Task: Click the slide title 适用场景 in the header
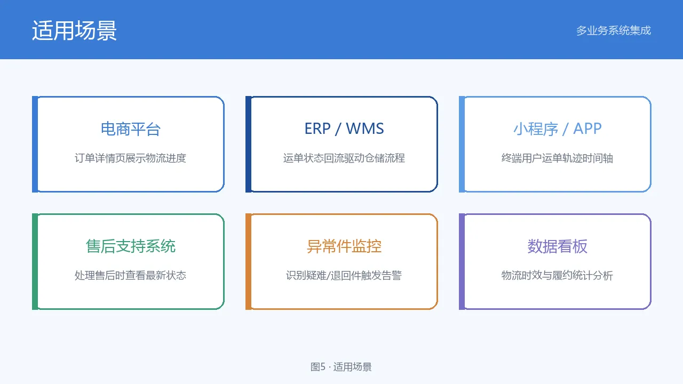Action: click(74, 30)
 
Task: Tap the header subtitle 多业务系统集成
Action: click(614, 30)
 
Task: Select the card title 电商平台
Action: click(131, 129)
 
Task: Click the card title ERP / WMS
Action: click(344, 129)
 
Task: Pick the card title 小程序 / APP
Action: click(558, 129)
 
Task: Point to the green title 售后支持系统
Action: click(131, 246)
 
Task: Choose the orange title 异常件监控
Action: click(344, 246)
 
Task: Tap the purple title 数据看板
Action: click(558, 246)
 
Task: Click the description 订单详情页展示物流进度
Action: click(131, 158)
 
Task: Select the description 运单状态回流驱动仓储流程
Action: click(344, 158)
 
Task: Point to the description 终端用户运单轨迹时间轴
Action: click(558, 158)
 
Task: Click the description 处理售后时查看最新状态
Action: click(131, 276)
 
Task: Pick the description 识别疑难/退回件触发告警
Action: click(344, 276)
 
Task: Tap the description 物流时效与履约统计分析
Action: click(558, 276)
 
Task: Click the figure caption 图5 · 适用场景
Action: click(341, 367)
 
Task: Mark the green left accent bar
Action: click(35, 261)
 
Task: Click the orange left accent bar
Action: click(249, 261)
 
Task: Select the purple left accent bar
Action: click(462, 261)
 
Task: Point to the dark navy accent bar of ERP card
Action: click(249, 144)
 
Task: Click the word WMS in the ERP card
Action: click(365, 129)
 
